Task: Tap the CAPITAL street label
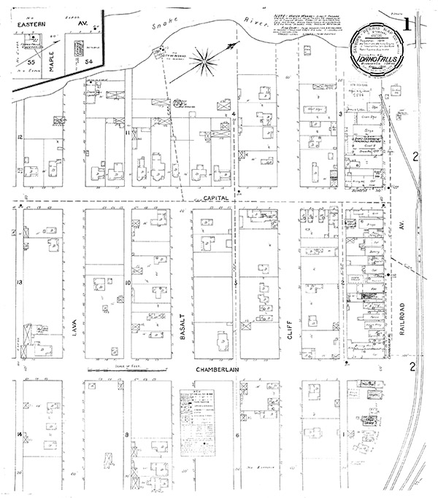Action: pos(218,198)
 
